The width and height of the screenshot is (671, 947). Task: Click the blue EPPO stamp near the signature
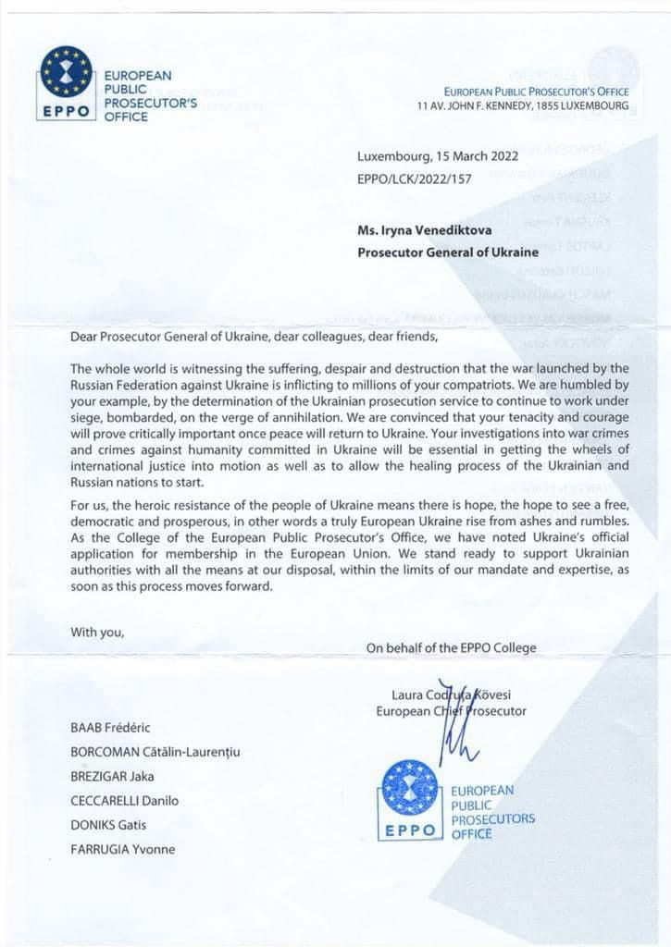point(409,800)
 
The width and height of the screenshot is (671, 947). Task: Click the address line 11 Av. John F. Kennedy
point(522,106)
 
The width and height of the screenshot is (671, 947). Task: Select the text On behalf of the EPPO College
point(451,647)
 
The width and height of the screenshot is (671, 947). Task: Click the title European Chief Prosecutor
point(451,711)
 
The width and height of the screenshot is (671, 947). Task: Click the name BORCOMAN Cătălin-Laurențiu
point(155,753)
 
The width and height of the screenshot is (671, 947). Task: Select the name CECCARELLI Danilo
point(125,801)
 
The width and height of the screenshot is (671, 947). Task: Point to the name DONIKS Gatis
point(109,825)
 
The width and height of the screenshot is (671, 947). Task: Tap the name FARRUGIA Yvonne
point(123,849)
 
